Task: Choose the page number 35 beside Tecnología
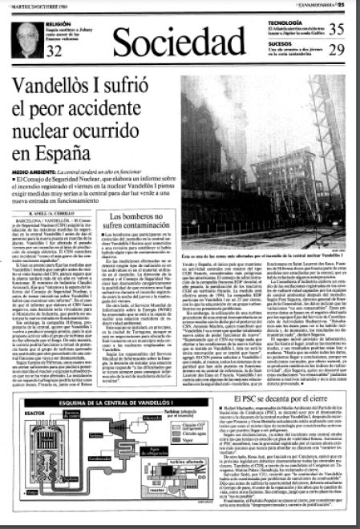point(337,29)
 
